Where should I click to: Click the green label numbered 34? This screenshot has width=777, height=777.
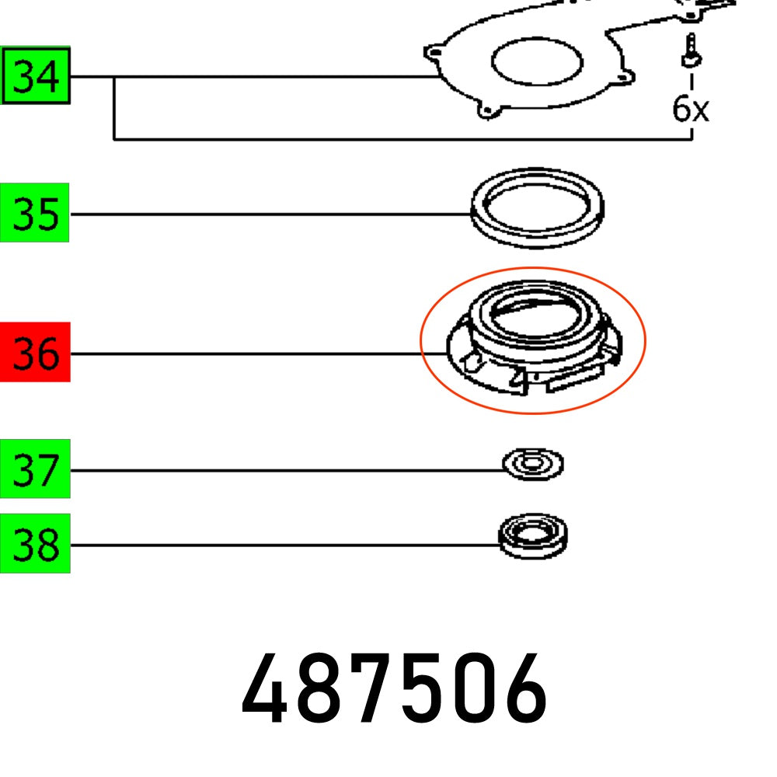36,76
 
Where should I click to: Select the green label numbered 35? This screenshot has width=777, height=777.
35,213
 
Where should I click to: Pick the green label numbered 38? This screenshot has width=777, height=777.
35,544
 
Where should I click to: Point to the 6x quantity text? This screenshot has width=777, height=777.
690,109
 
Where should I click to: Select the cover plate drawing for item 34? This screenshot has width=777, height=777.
466,85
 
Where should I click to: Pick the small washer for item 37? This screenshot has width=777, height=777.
532,465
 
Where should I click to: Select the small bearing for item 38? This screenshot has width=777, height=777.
533,536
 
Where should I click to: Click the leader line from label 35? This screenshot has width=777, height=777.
272,214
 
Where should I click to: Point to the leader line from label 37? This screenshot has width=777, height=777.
287,470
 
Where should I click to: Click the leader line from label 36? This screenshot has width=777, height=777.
249,354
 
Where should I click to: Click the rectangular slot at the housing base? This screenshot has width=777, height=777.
576,381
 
